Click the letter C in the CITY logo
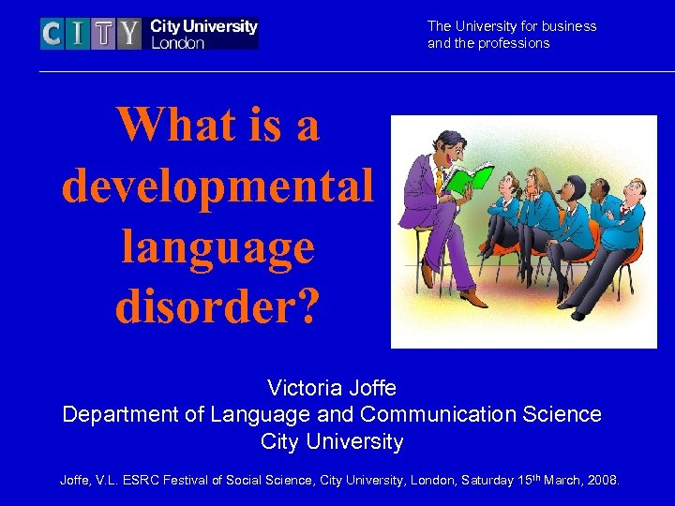pos(52,35)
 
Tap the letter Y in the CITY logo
pos(129,35)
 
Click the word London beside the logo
pos(177,43)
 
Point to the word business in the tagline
pos(567,26)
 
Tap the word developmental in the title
pos(217,185)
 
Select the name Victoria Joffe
pos(331,387)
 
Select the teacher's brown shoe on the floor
pos(475,299)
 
